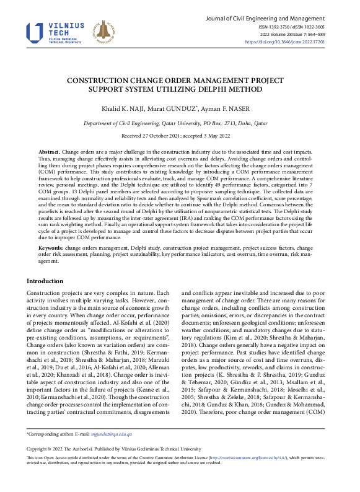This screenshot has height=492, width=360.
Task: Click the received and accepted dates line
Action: (180, 135)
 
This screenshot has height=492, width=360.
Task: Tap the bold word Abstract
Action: (49, 152)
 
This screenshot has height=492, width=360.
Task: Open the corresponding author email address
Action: (112, 434)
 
